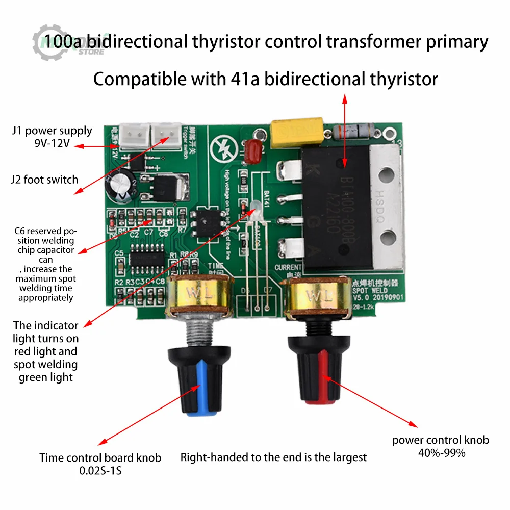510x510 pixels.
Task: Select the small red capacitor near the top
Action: coord(253,151)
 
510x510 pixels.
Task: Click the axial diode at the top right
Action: coord(360,132)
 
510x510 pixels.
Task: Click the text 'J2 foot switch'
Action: coord(45,180)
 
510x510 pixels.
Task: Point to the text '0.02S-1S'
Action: coord(100,470)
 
